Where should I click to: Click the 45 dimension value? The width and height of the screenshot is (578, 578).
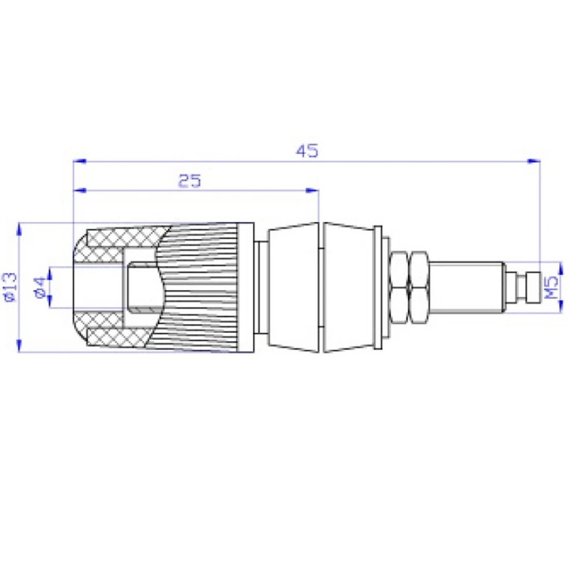click(307, 151)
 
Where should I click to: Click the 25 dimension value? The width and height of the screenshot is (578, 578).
click(190, 180)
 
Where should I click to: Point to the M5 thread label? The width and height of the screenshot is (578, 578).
click(552, 287)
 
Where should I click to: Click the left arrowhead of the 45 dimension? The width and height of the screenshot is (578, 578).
click(80, 161)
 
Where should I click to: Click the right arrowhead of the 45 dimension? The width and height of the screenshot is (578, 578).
click(533, 161)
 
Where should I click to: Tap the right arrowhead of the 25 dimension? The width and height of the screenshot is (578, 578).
click(312, 190)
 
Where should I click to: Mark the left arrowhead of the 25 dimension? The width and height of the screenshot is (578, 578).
click(80, 190)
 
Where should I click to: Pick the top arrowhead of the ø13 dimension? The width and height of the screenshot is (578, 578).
click(20, 229)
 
